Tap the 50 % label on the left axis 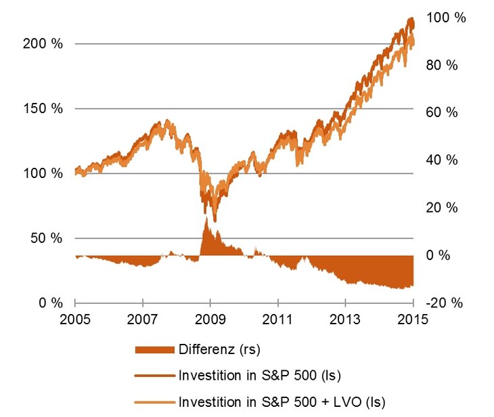(x=47, y=238)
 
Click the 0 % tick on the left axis (x=51, y=303)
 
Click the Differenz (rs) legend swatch (x=155, y=350)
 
